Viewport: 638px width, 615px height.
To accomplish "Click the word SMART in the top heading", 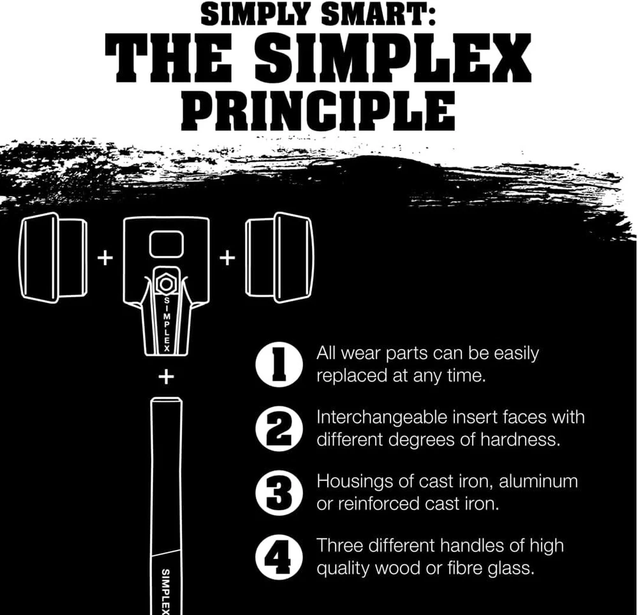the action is (378, 15).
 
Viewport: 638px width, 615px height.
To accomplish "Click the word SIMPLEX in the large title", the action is (394, 59).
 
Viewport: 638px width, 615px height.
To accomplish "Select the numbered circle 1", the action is (279, 364).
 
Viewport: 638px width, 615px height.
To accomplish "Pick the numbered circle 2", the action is (279, 429).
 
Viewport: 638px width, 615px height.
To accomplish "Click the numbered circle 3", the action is (279, 493).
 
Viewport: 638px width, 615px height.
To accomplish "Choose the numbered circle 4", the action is (279, 556).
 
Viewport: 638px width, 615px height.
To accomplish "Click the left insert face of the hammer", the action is (53, 258).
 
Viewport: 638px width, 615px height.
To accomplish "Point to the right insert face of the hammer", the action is (279, 258).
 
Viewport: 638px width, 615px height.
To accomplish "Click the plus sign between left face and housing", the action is (105, 258).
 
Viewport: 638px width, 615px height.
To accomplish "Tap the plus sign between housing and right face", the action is (228, 258).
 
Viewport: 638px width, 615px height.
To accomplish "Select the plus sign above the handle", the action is (166, 377).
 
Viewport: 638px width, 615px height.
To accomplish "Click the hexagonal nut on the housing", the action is (165, 283).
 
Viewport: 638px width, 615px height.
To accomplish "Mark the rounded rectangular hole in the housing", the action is (166, 244).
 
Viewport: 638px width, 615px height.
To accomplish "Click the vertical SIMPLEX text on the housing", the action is (167, 324).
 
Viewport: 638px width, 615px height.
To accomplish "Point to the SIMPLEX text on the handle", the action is (166, 591).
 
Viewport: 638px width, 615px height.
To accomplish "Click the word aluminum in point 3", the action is (538, 481).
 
